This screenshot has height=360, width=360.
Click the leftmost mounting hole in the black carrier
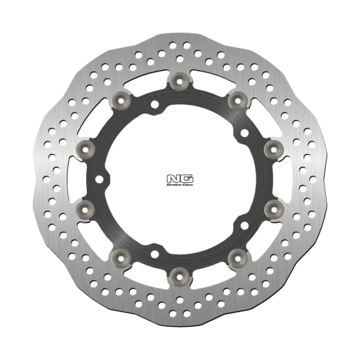point(104,179)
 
